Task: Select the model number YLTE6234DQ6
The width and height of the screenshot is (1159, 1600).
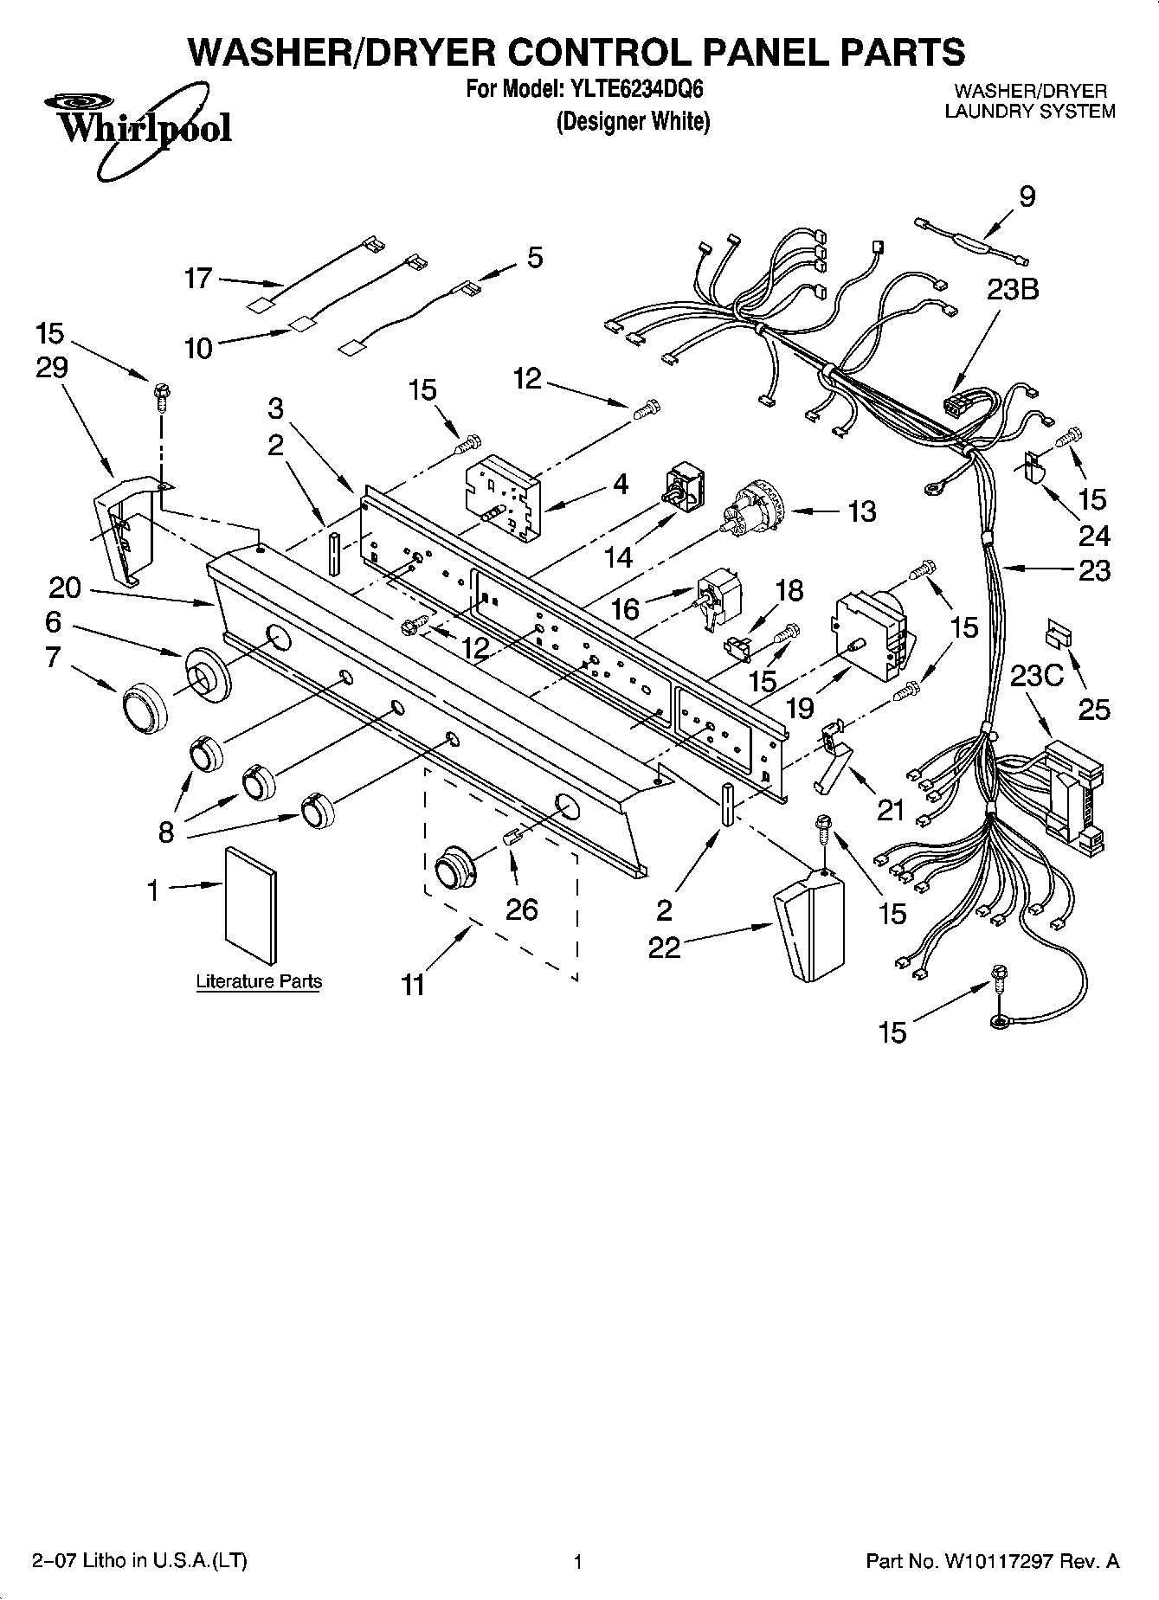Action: (634, 89)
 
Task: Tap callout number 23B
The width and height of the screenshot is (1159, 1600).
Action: (1012, 290)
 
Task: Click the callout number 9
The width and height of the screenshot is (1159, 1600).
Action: (1027, 197)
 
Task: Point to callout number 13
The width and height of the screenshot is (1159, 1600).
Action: (861, 511)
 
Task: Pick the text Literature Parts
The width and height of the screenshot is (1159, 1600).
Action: (259, 981)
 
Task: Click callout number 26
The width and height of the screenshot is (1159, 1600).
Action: (523, 909)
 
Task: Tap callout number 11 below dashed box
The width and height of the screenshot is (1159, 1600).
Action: (413, 985)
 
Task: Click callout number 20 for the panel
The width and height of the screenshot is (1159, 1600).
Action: (64, 588)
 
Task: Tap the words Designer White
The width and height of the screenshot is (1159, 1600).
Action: (633, 122)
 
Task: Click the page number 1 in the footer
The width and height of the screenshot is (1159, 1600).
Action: (578, 1562)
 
